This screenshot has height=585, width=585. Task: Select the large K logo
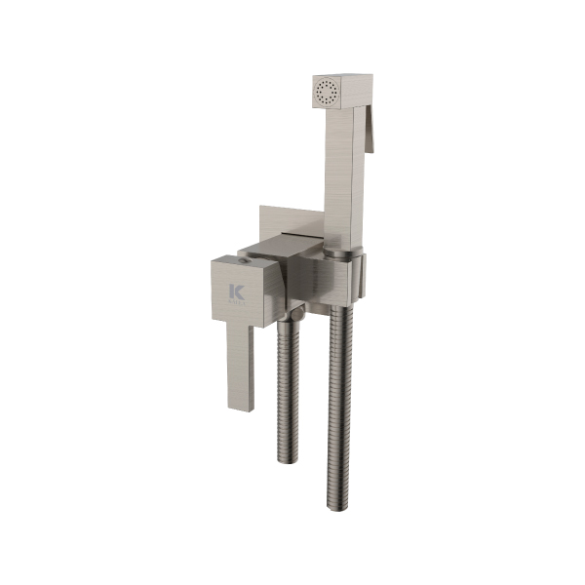point(234,292)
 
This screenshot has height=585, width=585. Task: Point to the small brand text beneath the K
point(234,304)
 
